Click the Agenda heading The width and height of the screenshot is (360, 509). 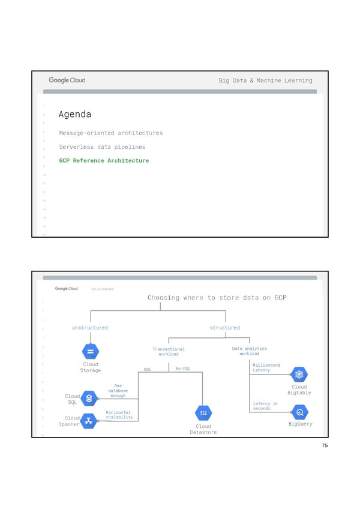coord(75,115)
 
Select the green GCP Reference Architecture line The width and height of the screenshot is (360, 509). coord(104,161)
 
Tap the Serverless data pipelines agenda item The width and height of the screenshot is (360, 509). coord(102,147)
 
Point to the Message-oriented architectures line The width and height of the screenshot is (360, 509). coord(110,133)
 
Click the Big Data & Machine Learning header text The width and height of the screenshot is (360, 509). coord(265,81)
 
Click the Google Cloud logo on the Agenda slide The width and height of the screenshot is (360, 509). coord(67,80)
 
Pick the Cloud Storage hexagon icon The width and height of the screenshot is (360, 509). coord(91,352)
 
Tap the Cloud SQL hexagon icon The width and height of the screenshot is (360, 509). coord(89,398)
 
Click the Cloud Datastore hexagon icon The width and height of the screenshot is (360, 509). coord(203,414)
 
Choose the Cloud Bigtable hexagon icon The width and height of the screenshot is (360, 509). coord(299,375)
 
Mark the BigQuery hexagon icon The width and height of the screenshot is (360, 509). coord(299,413)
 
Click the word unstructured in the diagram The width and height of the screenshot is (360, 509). coord(90,328)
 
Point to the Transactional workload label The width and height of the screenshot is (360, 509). coord(169,352)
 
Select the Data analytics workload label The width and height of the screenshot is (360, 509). coord(250,351)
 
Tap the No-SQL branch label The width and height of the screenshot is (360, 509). coord(183,369)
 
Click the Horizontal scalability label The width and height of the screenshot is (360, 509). coord(119,415)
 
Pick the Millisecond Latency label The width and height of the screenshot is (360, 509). coord(266,367)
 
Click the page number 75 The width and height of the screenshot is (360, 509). coord(324,446)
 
